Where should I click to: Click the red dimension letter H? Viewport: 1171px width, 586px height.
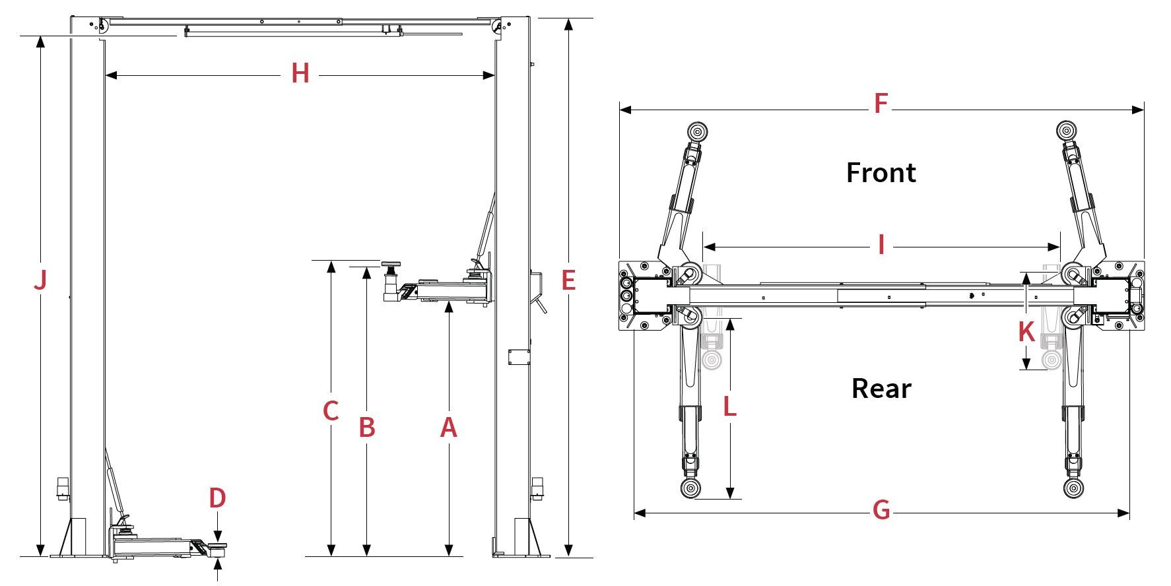(300, 73)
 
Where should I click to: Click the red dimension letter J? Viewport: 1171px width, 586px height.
(40, 280)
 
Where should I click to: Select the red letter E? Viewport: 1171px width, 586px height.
(568, 280)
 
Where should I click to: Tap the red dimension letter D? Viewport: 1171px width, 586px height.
(218, 498)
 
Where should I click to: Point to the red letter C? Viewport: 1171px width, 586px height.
(331, 411)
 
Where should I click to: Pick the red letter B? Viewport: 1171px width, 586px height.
(367, 428)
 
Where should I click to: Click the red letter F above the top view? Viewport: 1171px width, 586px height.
(881, 104)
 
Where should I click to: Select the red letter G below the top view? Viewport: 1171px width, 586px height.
(881, 510)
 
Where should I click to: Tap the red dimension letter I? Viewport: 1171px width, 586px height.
(881, 245)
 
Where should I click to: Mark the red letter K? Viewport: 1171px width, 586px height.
(1026, 332)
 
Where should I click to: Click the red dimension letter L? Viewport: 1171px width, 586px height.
(729, 407)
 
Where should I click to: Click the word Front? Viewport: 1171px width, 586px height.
(881, 173)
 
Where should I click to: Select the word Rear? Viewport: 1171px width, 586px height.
(881, 389)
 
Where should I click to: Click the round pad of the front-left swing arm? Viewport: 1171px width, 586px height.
(697, 131)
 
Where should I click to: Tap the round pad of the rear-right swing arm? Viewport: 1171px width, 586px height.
(1075, 489)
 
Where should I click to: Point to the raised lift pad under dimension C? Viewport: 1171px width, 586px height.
(391, 265)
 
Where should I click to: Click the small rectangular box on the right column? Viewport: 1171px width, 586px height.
(518, 357)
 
